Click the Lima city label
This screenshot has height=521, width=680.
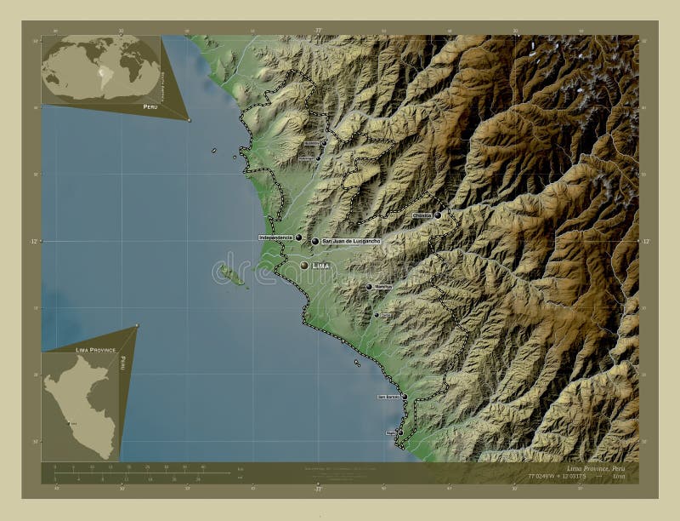[320, 266]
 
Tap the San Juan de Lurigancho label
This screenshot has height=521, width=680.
[350, 242]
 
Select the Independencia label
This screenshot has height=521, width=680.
[275, 238]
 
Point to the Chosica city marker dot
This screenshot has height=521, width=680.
[438, 215]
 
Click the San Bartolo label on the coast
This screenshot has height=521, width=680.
[388, 397]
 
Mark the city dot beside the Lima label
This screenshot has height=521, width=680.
[304, 266]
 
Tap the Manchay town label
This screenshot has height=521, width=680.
[382, 287]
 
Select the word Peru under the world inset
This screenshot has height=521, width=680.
[150, 107]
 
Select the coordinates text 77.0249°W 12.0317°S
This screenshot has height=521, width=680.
[544, 478]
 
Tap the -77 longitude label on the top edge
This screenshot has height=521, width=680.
[318, 30]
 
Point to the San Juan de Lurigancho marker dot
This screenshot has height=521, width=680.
[314, 242]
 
